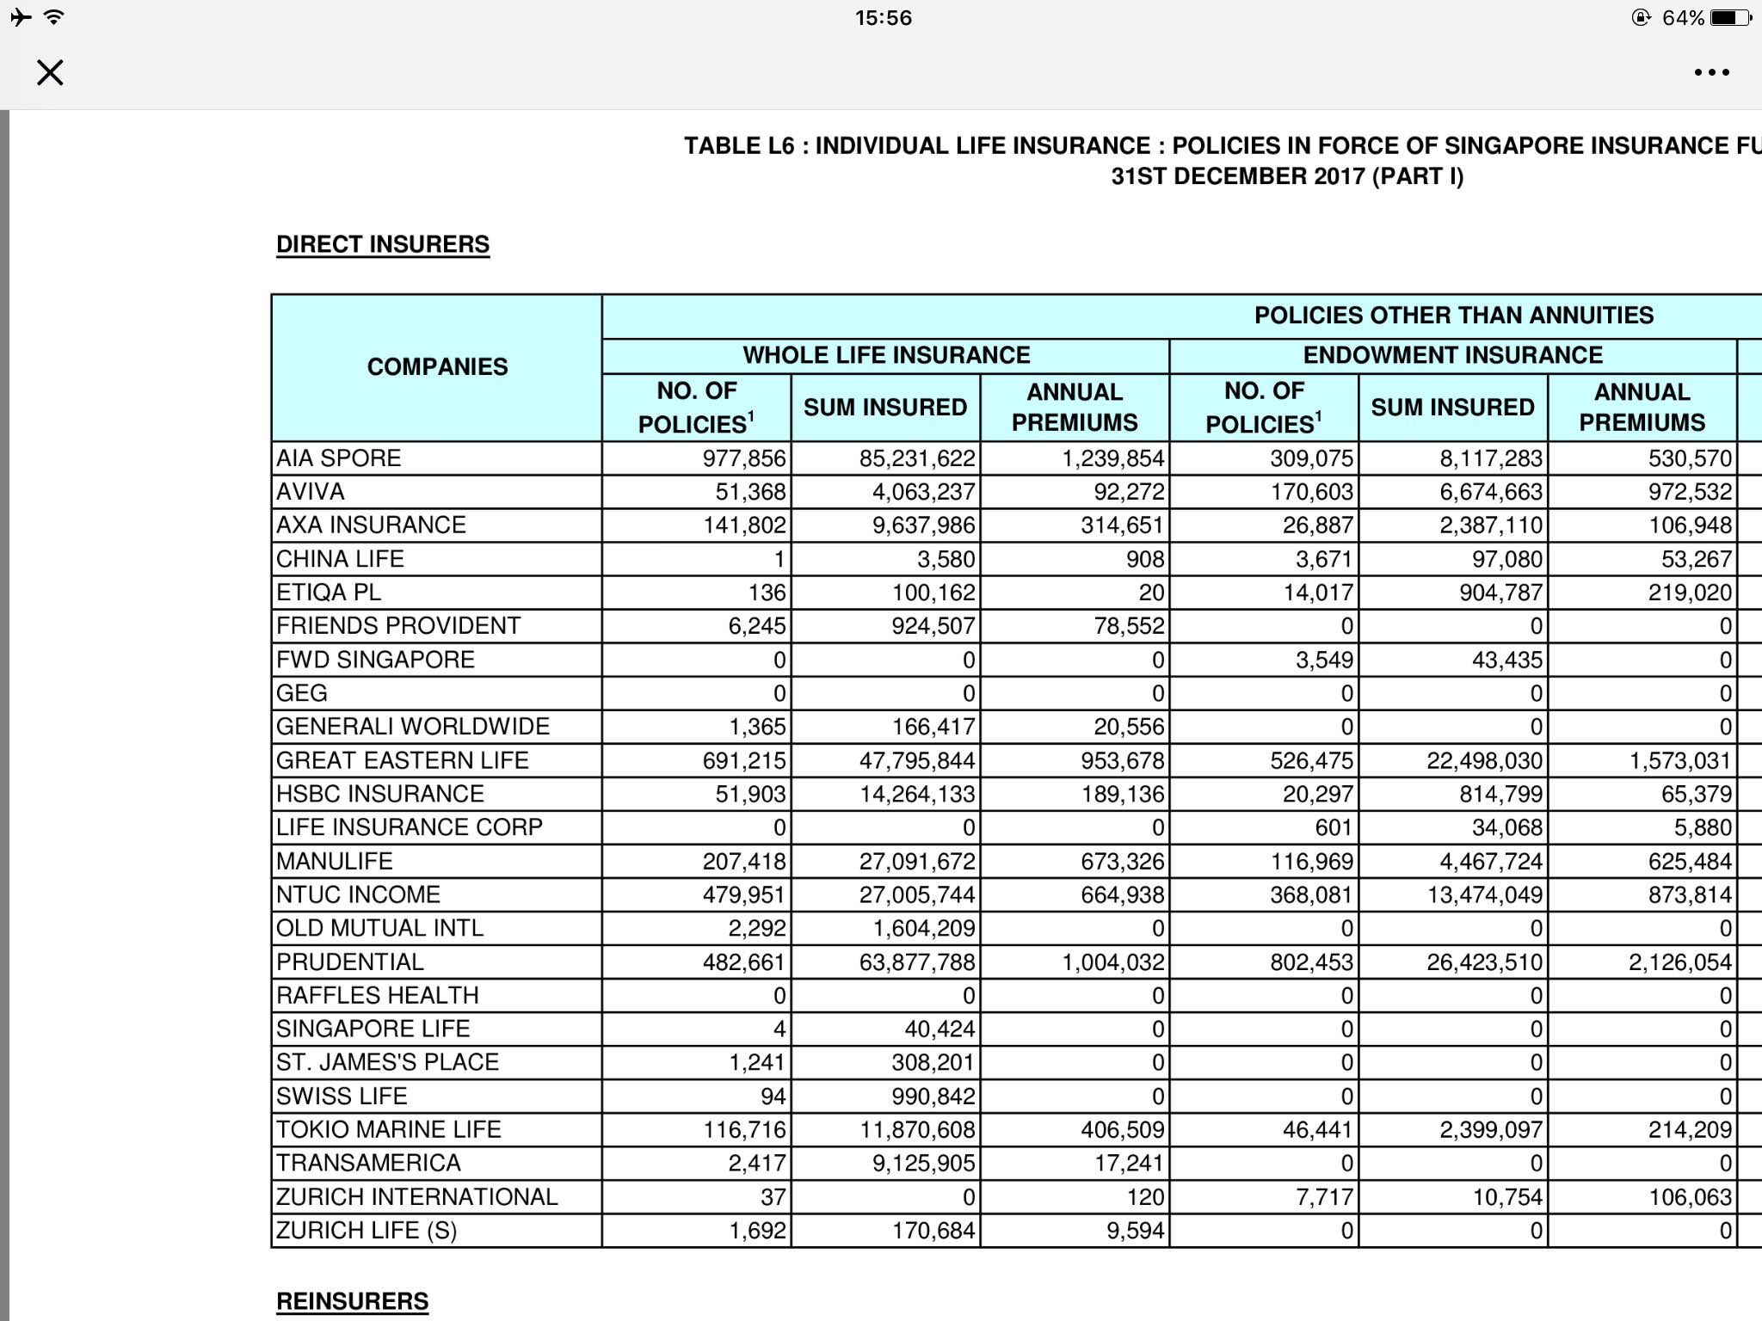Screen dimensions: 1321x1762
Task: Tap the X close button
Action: click(x=50, y=72)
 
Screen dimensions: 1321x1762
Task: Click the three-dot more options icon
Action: click(x=1711, y=73)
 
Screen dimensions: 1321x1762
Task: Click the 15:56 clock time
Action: click(x=883, y=18)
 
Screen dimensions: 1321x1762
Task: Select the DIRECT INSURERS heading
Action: click(x=383, y=244)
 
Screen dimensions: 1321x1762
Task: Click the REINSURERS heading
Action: click(x=352, y=1301)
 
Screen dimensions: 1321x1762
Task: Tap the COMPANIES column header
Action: click(x=437, y=367)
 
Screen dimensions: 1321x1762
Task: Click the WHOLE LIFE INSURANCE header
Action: click(x=886, y=355)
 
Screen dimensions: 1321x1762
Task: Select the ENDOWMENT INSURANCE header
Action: click(x=1452, y=355)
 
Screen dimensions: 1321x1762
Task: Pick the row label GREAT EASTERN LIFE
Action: click(x=403, y=760)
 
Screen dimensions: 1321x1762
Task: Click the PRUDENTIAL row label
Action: click(x=350, y=962)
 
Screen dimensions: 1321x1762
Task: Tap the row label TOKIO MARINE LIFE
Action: click(x=389, y=1129)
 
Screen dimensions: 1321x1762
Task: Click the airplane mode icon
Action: click(x=21, y=17)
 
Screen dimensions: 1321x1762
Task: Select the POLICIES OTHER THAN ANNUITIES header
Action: click(x=1453, y=315)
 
